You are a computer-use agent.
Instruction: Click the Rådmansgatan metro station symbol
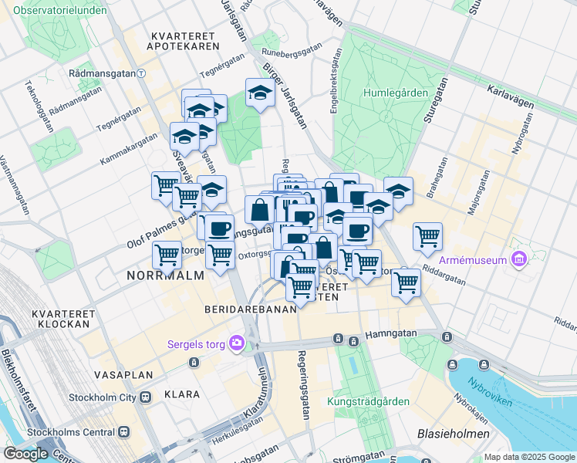(142, 74)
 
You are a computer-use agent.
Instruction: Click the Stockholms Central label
(71, 432)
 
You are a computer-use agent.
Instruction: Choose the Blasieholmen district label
(454, 434)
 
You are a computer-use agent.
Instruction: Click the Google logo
(25, 454)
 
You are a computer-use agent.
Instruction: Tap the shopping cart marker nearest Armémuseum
(427, 236)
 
